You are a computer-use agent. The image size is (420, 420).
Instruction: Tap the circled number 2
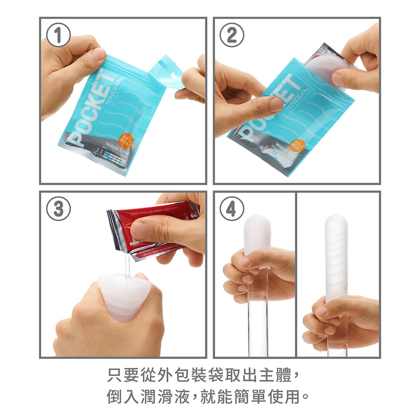[x=231, y=37]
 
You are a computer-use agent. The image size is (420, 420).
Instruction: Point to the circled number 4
[x=231, y=210]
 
